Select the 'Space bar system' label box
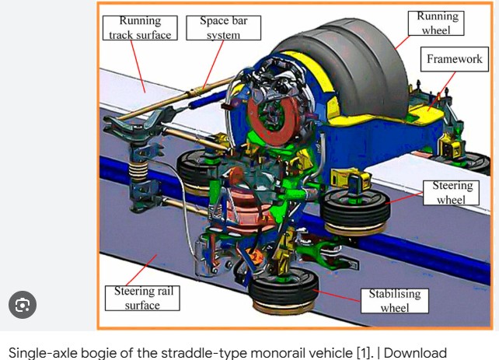click(223, 27)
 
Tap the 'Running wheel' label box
click(438, 22)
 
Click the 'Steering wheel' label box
click(452, 193)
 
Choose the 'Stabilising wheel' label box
click(394, 301)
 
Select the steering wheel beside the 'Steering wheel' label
click(356, 207)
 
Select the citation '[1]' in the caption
click(364, 352)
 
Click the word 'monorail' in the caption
click(273, 352)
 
